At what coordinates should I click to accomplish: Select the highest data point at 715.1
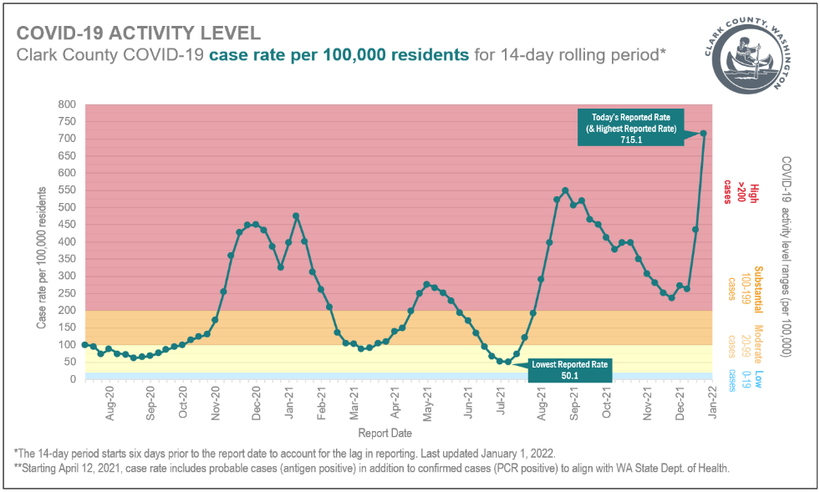(x=704, y=133)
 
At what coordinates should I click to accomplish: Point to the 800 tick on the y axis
(x=67, y=105)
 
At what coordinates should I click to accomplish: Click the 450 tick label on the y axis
(x=67, y=225)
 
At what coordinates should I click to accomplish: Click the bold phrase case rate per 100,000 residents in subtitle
(x=339, y=56)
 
